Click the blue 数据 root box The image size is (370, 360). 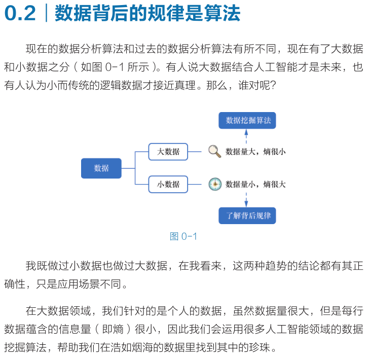101,168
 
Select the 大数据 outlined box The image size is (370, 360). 168,152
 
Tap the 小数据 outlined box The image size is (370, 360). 168,185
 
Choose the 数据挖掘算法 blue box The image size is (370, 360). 248,120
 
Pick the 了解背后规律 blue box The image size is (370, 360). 247,215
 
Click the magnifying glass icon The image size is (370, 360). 215,151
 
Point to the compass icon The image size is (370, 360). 215,184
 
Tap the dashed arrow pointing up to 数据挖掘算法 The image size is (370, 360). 247,138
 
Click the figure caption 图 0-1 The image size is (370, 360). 183,236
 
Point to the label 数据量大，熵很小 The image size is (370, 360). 255,152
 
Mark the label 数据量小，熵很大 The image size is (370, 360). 255,185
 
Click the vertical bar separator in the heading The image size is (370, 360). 46,14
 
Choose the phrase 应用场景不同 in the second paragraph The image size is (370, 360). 96,284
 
